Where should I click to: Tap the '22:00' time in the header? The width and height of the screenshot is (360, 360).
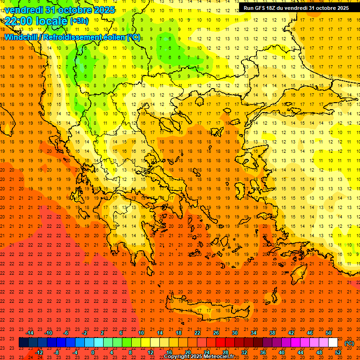19,21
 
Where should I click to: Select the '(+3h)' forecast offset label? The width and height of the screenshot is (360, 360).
78,21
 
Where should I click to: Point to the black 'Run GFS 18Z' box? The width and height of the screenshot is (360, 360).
296,8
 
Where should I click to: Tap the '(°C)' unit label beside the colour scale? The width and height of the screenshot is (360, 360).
349,343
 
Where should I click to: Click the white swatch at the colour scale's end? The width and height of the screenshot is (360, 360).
333,343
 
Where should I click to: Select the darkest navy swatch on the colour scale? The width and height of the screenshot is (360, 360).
23,343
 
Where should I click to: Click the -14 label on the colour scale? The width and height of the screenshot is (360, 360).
30,333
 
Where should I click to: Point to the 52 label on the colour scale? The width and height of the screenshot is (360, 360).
338,352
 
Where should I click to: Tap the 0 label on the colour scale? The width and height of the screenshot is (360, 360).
93,352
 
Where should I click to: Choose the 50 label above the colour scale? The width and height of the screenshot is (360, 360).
329,333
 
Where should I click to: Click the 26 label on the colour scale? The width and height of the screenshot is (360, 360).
216,333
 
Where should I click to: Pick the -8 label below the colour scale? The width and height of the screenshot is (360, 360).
57,352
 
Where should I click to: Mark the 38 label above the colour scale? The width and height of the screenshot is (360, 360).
272,333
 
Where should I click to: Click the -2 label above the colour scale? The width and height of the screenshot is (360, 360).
84,333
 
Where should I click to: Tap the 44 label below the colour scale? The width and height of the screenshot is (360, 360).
300,352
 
